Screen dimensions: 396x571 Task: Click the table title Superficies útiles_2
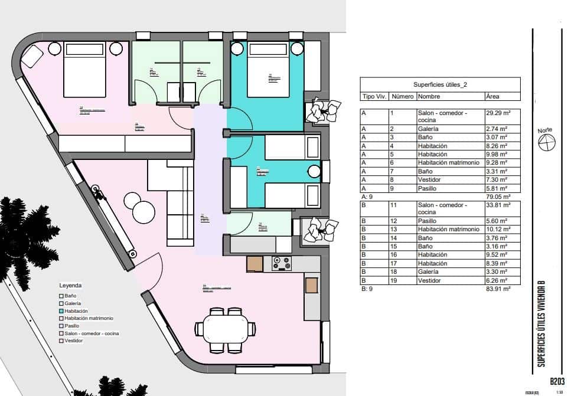tap(440, 85)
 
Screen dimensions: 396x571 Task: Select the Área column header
tap(492, 96)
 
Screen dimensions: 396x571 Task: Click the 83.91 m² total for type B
tap(498, 290)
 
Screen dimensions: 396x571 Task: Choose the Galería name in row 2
tap(428, 129)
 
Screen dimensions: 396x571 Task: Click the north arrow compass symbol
tap(547, 142)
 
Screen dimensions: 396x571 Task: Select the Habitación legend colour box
tap(60, 310)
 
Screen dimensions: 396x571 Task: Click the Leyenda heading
tap(70, 285)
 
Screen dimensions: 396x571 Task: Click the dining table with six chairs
tap(227, 328)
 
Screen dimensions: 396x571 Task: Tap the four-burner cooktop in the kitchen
tap(281, 264)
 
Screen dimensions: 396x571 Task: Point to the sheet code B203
tap(558, 382)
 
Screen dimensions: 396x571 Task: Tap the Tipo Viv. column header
tap(373, 96)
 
